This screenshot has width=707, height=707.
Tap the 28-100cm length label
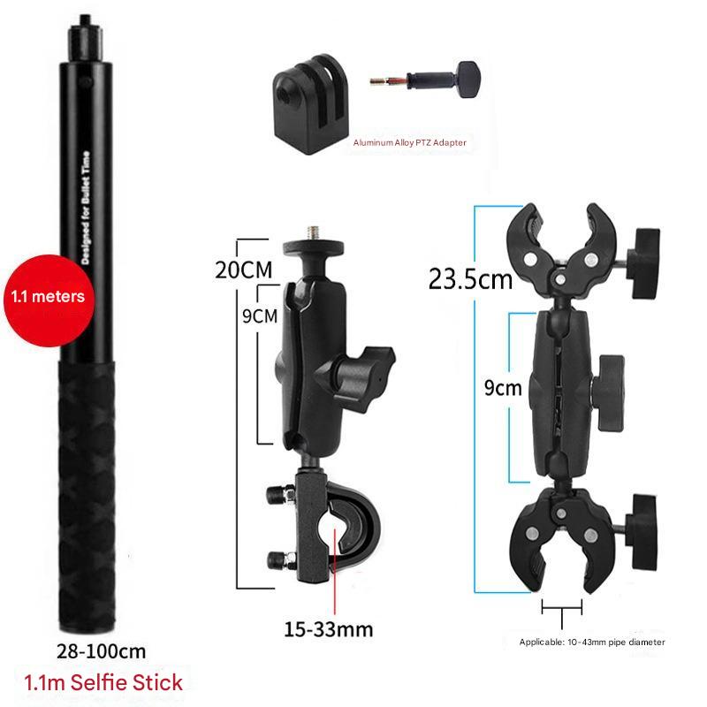click(x=102, y=651)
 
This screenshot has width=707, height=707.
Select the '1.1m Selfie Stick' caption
click(x=103, y=682)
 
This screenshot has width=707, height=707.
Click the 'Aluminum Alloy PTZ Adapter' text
click(x=409, y=142)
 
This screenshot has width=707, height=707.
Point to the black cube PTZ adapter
click(x=310, y=104)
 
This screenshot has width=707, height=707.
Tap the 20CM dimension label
click(x=244, y=270)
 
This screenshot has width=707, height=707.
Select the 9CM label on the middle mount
click(x=260, y=316)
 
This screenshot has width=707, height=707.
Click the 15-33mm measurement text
click(x=328, y=629)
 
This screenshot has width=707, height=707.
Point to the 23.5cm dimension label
click(x=470, y=279)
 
